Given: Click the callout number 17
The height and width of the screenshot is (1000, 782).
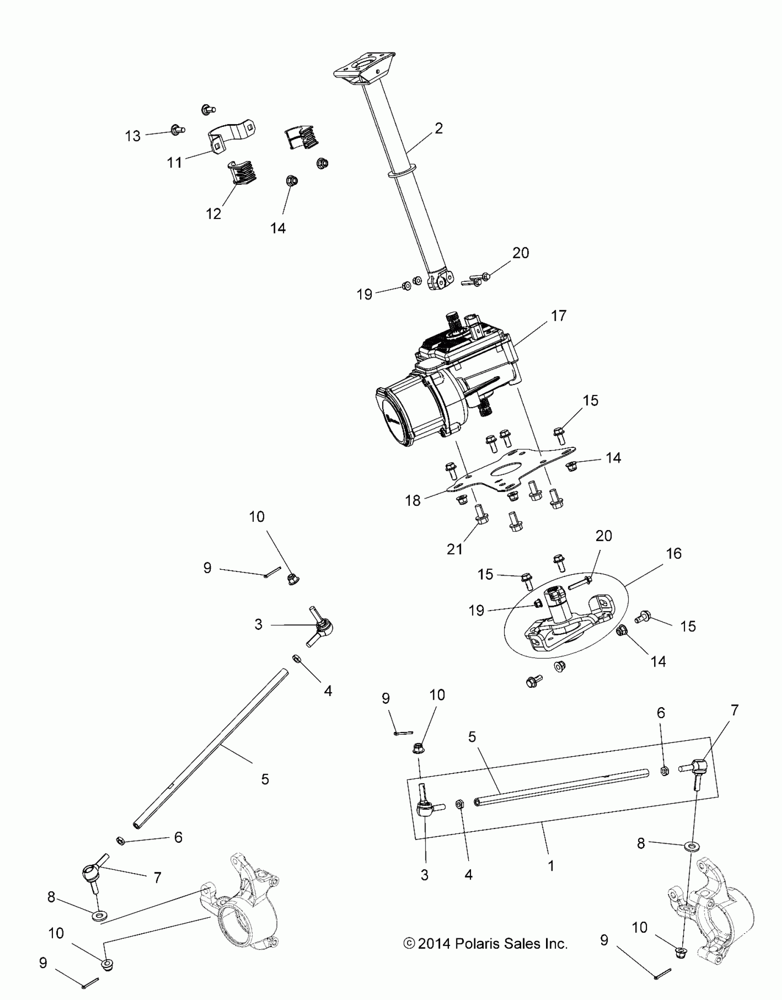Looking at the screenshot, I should point(558,316).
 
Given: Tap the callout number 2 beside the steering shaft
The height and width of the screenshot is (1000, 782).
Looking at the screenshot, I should point(438,128).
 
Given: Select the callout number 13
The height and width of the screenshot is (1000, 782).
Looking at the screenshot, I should point(133,136).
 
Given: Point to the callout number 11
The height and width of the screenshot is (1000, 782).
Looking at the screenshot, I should point(174,162).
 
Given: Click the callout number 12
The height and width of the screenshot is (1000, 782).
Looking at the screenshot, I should point(213,214).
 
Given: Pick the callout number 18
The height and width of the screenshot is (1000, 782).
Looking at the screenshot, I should point(413,500).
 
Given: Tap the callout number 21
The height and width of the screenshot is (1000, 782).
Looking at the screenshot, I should point(454,549).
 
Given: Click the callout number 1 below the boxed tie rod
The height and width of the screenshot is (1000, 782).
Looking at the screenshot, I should point(551,866).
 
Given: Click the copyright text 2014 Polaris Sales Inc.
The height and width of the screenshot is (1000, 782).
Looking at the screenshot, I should point(486,944).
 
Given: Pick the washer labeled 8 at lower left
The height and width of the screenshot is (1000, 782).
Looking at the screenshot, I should point(98,913).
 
